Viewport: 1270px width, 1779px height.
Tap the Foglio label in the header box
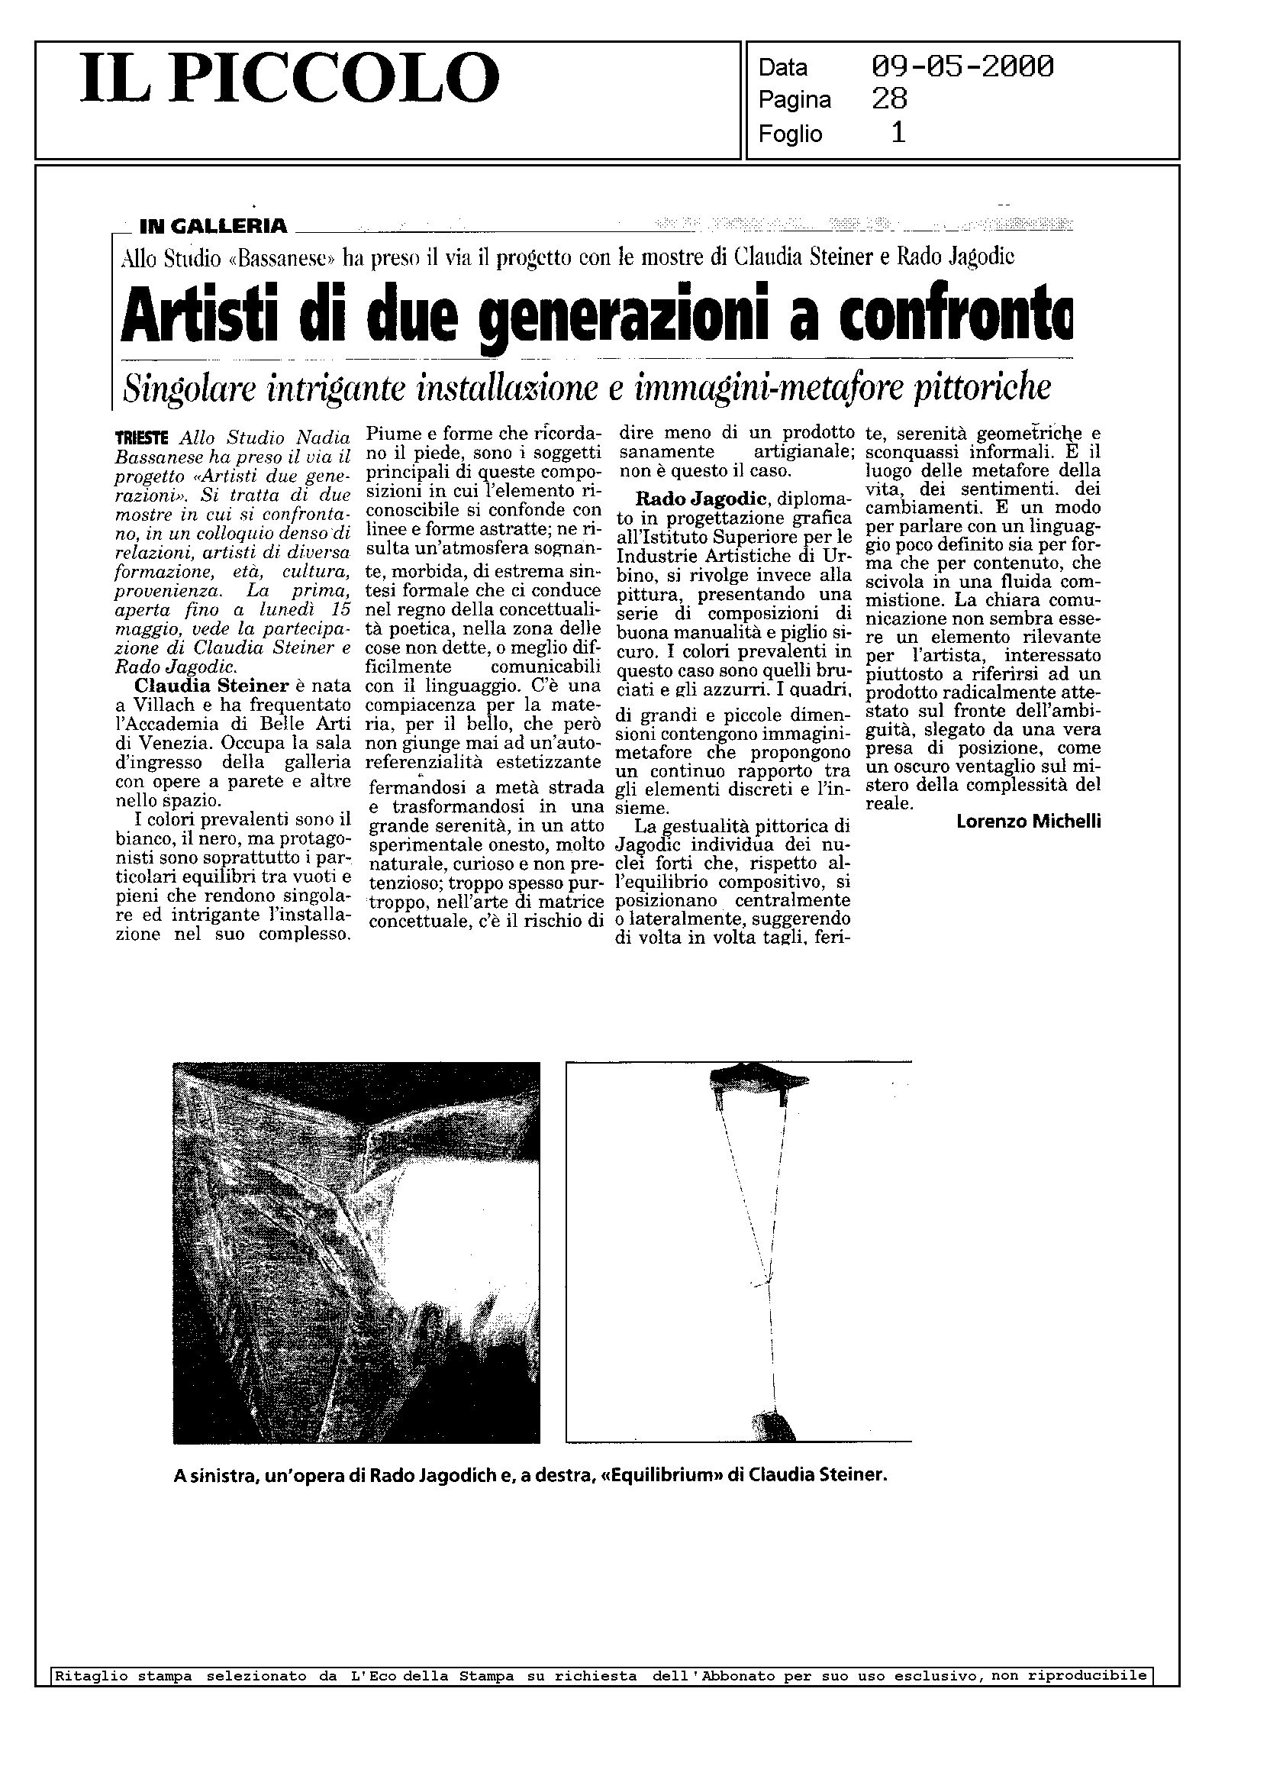coord(790,134)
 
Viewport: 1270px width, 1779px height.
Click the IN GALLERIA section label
coord(213,227)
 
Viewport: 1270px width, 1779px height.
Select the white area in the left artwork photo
coord(469,1229)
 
